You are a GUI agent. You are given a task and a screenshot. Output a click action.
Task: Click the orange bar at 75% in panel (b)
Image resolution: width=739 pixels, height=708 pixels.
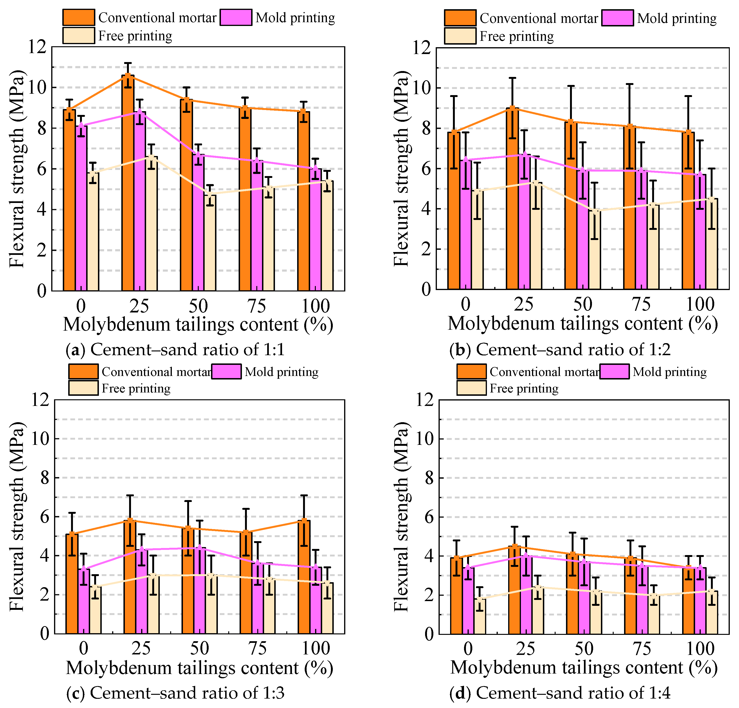click(629, 208)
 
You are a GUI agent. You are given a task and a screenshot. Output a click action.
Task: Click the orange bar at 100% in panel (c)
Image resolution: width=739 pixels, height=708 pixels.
click(304, 577)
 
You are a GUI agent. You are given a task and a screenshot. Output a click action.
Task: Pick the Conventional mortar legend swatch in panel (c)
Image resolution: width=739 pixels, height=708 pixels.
click(83, 371)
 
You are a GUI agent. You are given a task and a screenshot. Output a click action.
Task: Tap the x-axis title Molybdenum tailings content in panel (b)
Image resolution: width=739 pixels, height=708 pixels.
click(583, 324)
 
